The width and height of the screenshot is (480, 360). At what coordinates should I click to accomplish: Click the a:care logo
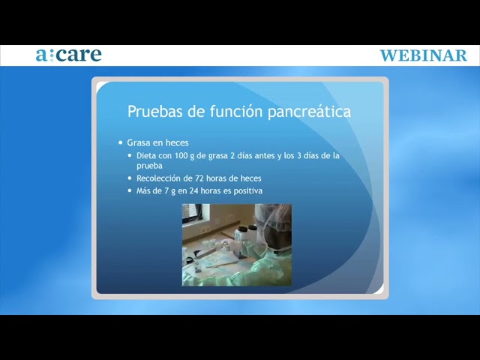[x=68, y=55]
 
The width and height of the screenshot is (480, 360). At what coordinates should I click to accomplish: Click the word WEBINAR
[x=423, y=55]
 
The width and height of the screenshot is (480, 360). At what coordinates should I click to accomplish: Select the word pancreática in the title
[x=309, y=112]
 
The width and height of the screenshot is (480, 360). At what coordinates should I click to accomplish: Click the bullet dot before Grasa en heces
[x=121, y=142]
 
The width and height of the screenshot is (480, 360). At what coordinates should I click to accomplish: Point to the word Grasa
[x=139, y=142]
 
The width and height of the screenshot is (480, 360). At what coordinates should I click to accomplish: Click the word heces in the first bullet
[x=177, y=142]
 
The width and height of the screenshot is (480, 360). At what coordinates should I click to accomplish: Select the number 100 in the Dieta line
[x=181, y=155]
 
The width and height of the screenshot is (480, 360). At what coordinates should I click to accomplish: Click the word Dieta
[x=146, y=155]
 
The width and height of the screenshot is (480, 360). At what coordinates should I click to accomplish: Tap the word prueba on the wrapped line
[x=149, y=166]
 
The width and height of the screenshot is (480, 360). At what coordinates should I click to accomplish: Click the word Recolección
[x=158, y=178]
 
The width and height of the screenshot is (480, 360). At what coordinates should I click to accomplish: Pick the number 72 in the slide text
[x=199, y=178]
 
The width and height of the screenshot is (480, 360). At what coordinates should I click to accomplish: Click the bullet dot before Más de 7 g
[x=130, y=190]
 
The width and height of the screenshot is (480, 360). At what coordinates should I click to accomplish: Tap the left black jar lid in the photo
[x=243, y=229]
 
